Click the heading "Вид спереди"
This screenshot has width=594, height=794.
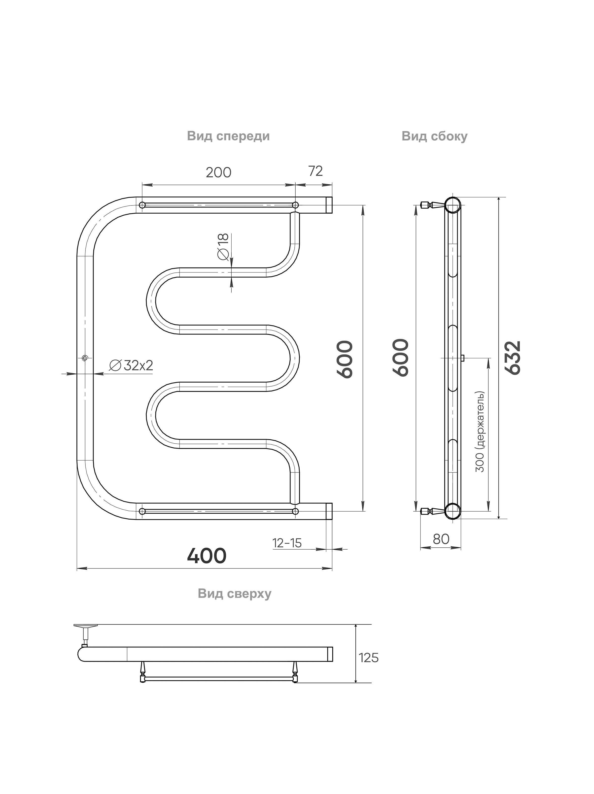coord(228,136)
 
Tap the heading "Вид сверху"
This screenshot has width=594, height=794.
coord(235,594)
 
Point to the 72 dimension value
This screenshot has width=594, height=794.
coord(315,171)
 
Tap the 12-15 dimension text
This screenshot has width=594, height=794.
coord(287,543)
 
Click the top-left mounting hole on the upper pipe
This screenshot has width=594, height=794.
coord(142,205)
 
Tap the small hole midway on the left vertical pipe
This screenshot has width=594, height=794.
coord(85,358)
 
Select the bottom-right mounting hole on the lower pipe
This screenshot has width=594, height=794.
coord(295,511)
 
